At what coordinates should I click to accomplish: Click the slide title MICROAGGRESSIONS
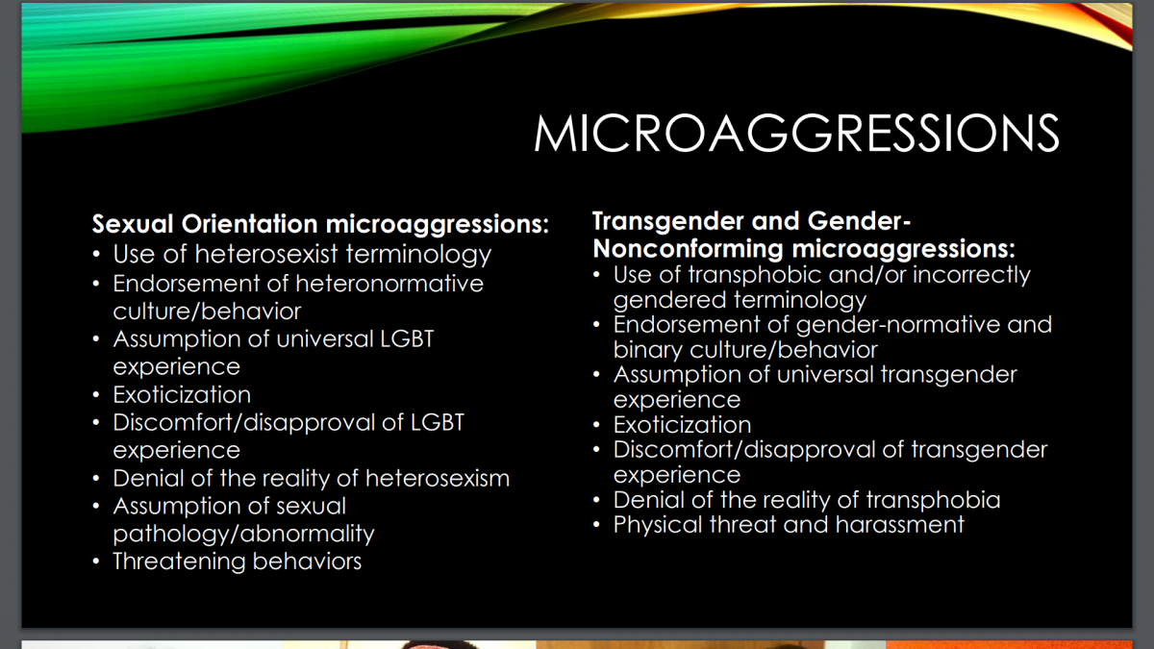tap(796, 133)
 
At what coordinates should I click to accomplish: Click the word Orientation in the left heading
tap(249, 224)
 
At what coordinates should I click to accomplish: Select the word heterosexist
tap(266, 254)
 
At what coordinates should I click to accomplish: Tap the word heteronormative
tap(389, 284)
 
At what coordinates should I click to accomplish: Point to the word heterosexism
tap(438, 478)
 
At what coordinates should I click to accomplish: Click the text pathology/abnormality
tap(243, 535)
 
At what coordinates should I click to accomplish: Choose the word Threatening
tap(178, 562)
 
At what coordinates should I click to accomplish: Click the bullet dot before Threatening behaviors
tap(96, 562)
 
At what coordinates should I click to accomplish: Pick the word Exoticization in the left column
tap(182, 395)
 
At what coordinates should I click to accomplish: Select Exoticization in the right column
tap(682, 425)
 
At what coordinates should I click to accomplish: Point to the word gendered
tap(669, 300)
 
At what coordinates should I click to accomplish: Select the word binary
tap(647, 350)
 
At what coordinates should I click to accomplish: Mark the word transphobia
tap(934, 500)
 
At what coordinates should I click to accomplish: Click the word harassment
tap(899, 525)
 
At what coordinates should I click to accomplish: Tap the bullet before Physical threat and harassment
tap(596, 525)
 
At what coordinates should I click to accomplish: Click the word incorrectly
tap(971, 275)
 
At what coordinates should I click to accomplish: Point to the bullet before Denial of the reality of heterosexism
tap(96, 479)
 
